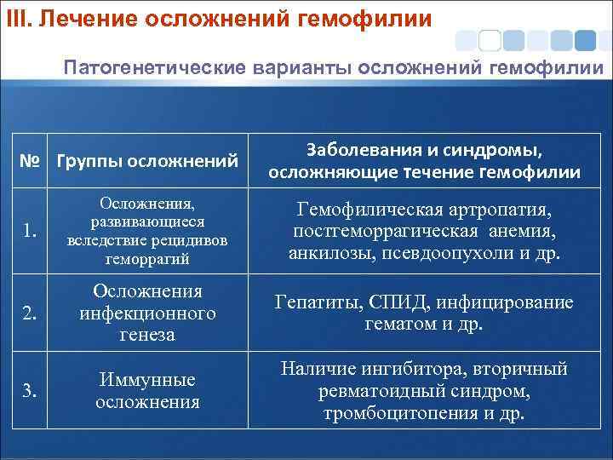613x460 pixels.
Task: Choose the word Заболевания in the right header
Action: [x=365, y=151]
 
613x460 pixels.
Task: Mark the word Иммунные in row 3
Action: [x=148, y=380]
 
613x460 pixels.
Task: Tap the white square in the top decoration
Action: [x=490, y=40]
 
